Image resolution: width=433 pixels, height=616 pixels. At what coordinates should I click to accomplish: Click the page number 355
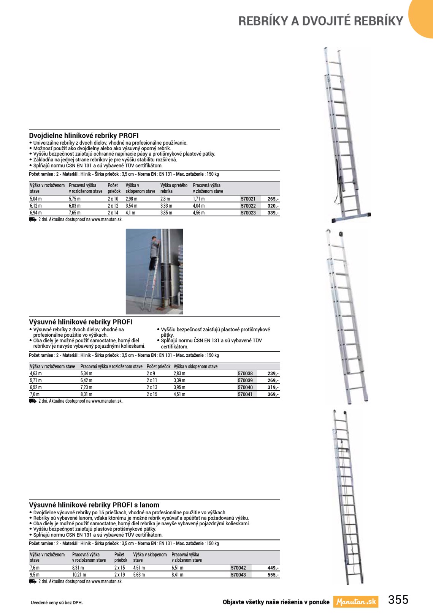[398, 600]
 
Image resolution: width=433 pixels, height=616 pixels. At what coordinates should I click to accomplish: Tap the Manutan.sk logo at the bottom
[356, 602]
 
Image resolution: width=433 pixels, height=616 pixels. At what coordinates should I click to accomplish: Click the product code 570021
[248, 199]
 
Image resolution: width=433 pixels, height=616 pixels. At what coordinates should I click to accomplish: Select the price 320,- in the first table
[273, 206]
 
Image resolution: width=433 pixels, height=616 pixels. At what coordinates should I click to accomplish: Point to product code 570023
[248, 213]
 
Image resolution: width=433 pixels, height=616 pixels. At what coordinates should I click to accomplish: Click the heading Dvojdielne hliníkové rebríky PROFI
[84, 135]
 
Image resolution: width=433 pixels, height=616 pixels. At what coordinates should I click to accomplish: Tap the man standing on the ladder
[154, 252]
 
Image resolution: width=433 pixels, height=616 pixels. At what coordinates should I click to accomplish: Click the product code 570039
[245, 380]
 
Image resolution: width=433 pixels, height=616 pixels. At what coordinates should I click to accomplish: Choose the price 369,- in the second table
[273, 394]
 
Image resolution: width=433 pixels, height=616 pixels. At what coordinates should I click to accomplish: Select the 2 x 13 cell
[152, 388]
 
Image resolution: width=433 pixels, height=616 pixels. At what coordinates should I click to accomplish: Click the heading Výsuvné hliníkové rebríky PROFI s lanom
[94, 505]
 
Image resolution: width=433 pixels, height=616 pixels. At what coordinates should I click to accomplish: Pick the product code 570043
[238, 575]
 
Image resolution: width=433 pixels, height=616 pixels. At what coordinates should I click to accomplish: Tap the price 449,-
[273, 568]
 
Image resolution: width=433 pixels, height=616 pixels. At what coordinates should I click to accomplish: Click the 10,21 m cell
[79, 575]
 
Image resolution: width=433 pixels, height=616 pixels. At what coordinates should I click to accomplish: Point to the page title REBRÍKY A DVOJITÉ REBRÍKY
[320, 21]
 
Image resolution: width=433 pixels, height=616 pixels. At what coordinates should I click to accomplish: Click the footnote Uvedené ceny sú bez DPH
[56, 602]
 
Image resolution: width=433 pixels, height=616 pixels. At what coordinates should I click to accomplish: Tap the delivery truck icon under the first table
[33, 219]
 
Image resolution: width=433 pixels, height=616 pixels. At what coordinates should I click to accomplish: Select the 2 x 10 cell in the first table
[113, 199]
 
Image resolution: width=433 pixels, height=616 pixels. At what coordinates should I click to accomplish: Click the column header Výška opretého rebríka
[174, 188]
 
